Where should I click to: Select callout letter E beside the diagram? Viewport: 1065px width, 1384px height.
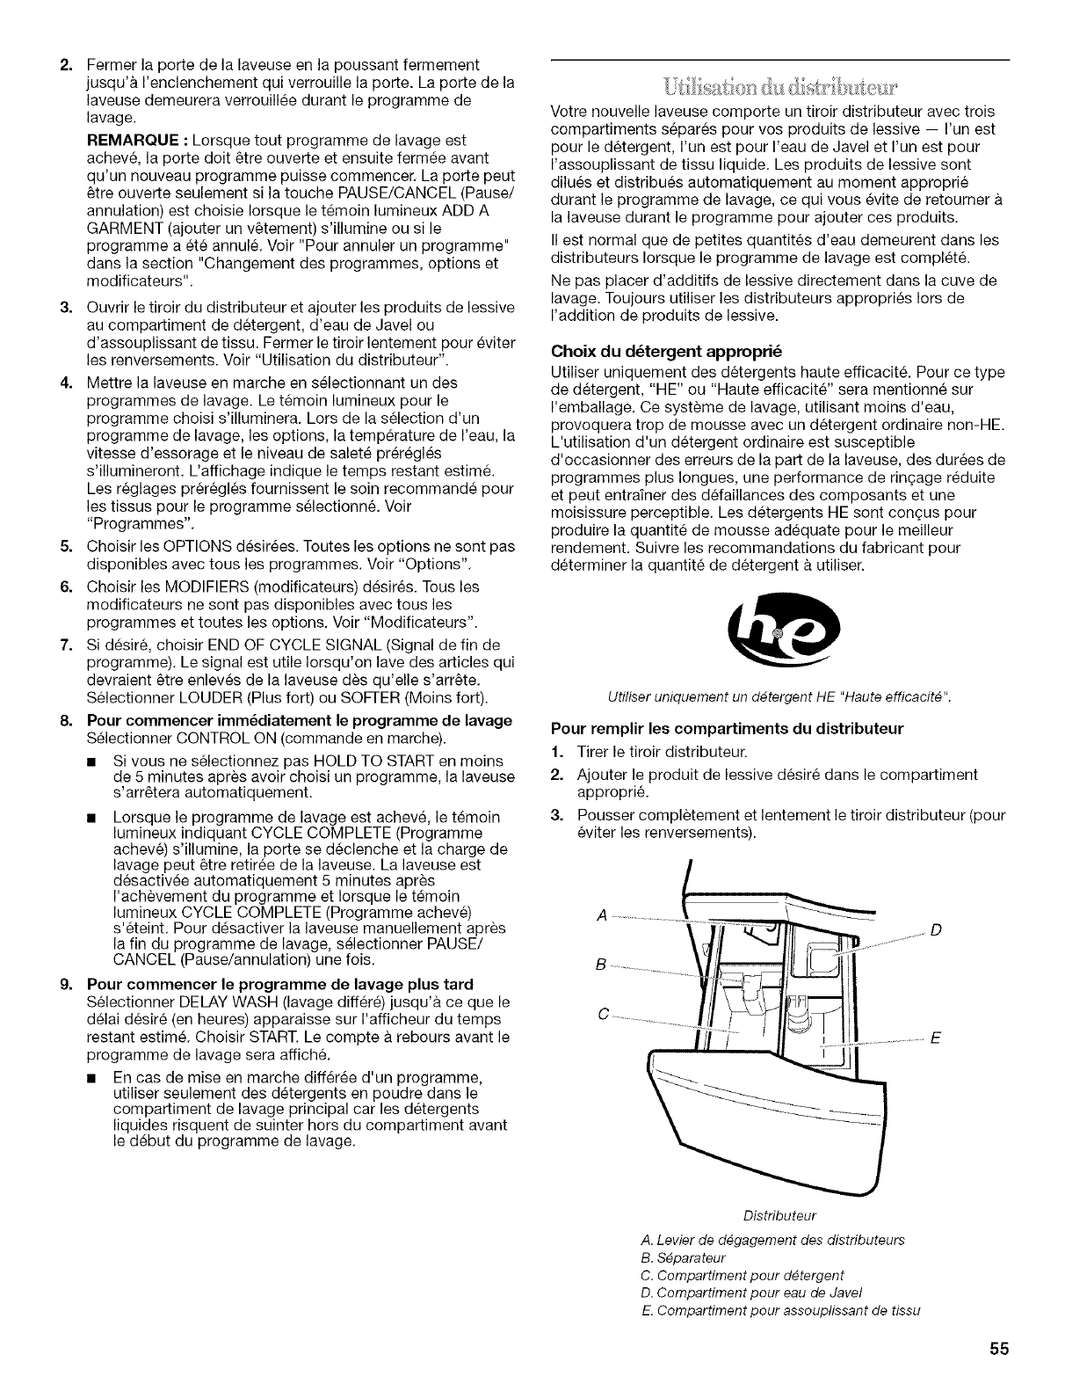[x=935, y=1038]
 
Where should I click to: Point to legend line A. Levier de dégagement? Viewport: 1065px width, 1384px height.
[x=761, y=1239]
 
